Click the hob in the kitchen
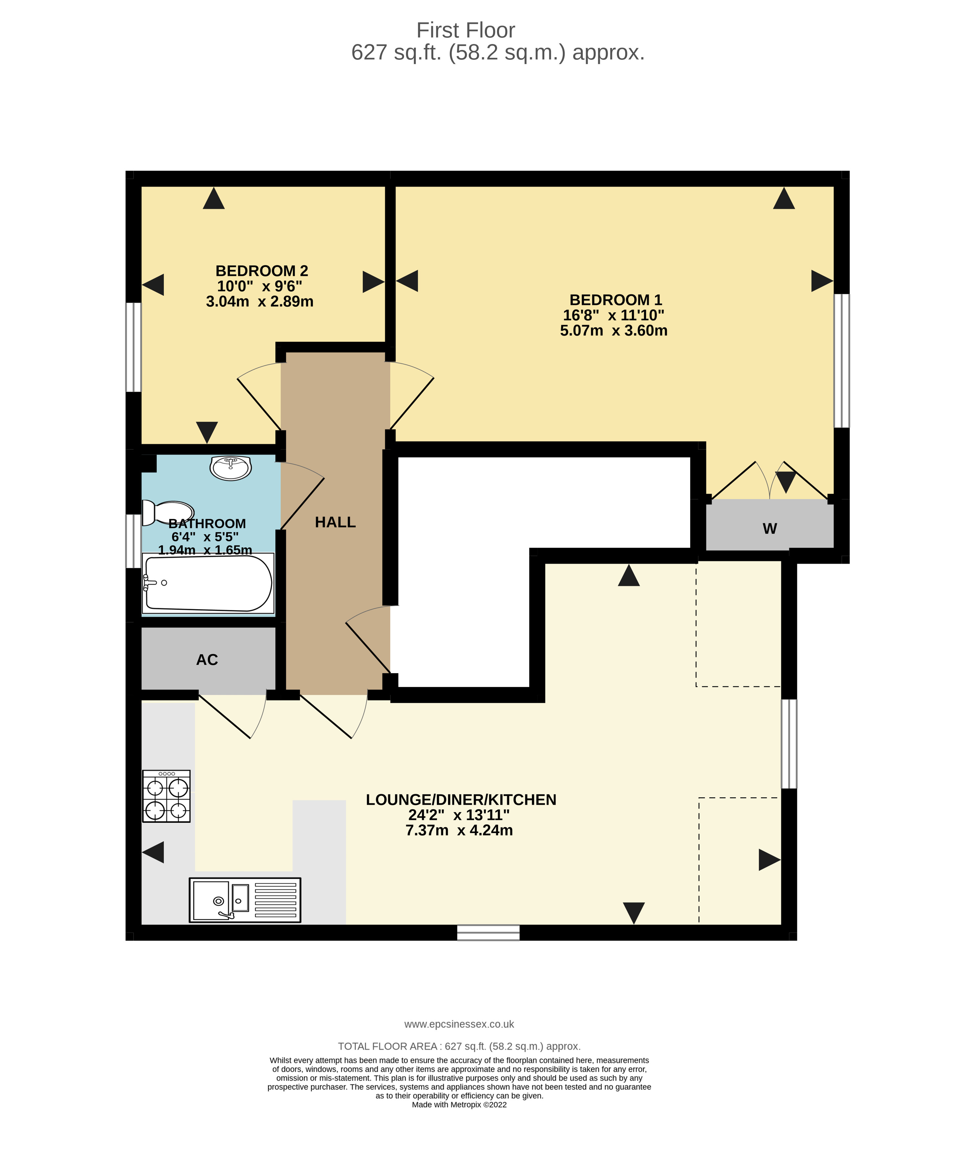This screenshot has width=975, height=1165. [167, 796]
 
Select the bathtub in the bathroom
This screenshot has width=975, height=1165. [208, 583]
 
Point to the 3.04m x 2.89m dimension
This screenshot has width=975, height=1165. [260, 302]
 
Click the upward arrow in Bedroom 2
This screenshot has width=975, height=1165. [214, 199]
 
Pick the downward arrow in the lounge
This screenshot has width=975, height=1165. [634, 912]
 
